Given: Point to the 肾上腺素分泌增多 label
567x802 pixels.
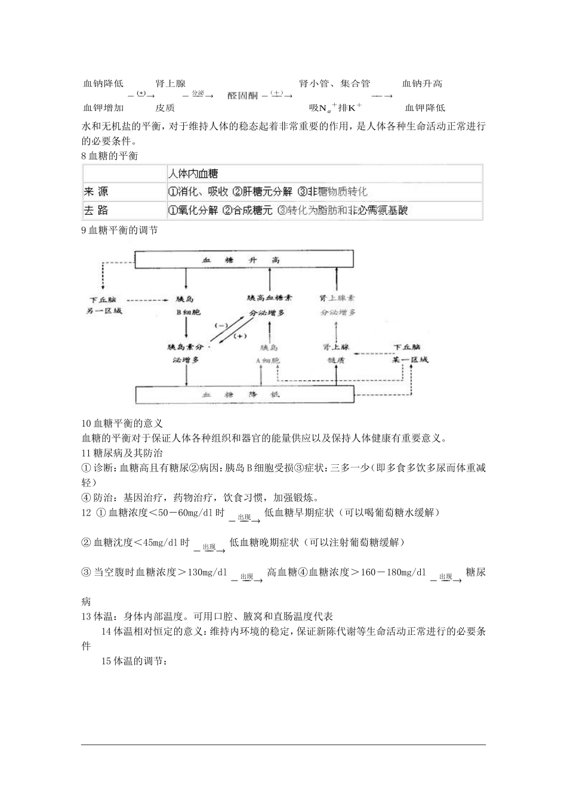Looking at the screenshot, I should coord(338,304).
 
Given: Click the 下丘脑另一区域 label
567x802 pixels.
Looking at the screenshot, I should coord(104,305).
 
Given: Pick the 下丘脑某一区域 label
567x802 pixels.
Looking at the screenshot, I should coord(410,353).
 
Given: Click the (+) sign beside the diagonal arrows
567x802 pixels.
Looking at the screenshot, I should coord(240,337).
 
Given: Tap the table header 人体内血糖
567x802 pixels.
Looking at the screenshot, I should coord(193,174).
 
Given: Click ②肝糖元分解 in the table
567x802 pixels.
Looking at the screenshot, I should coord(263,192).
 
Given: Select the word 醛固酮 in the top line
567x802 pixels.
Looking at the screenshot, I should coord(243,95).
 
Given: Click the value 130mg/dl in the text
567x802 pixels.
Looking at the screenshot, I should coord(207,572).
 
